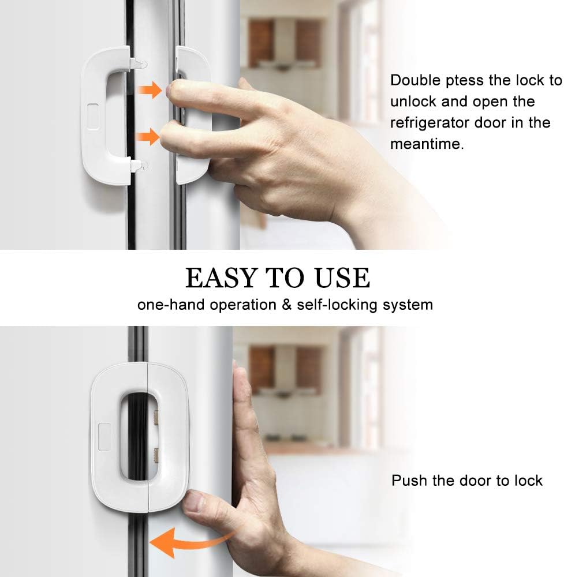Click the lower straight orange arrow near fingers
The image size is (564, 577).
tap(149, 137)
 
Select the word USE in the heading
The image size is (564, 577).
tap(342, 278)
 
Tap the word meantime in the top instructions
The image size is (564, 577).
tap(427, 144)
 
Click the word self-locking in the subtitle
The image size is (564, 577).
tap(333, 305)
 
